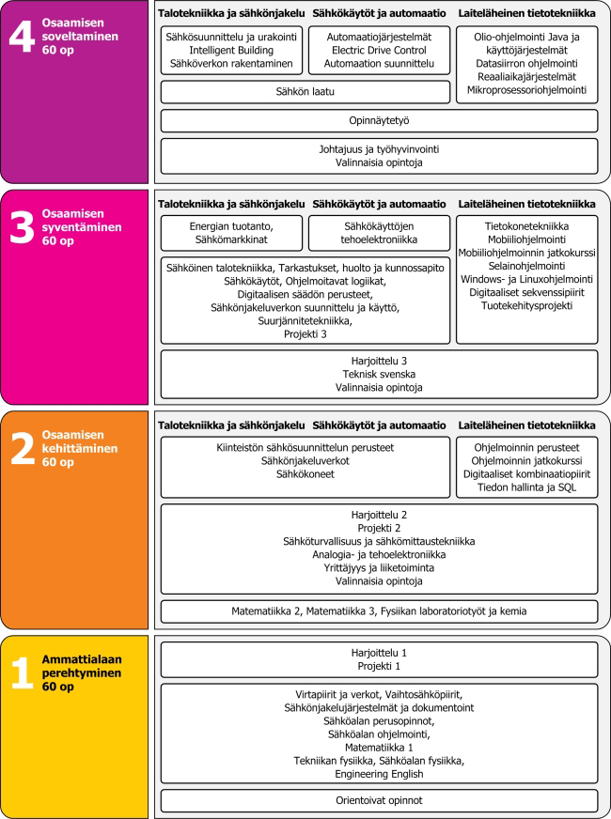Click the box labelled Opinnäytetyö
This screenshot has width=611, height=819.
[379, 120]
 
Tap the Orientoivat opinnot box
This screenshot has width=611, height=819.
[379, 801]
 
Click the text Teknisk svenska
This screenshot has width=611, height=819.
[379, 373]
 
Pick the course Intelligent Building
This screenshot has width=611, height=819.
[232, 50]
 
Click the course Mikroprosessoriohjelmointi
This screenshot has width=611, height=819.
[526, 91]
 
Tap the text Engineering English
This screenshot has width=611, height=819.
[379, 774]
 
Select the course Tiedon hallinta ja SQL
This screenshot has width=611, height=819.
[526, 487]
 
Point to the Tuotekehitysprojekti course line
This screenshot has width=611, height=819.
[526, 306]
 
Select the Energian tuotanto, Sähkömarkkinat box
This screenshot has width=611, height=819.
[232, 233]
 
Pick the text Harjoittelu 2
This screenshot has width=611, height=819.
[379, 514]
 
